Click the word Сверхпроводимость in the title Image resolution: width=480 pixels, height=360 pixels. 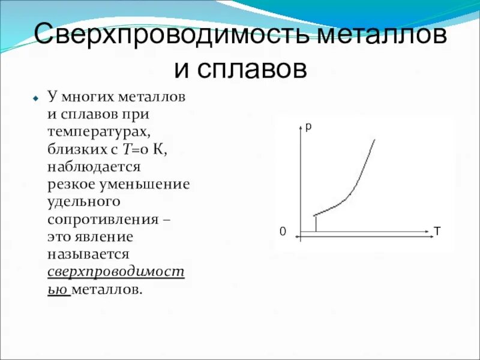[172, 34]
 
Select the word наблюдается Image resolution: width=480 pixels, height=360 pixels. [94, 164]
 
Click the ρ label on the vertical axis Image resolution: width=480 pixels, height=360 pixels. [308, 127]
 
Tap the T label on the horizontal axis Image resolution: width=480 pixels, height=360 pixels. [437, 230]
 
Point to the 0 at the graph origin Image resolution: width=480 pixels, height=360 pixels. [282, 232]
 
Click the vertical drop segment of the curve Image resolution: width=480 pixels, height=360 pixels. [316, 223]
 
